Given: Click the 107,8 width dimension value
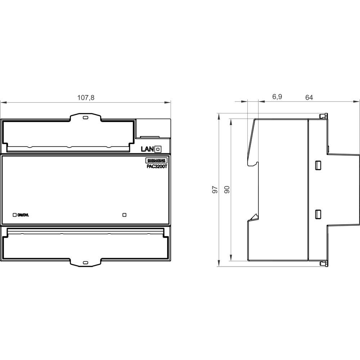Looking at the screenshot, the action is pyautogui.click(x=86, y=98).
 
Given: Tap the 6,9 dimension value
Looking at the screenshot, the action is pyautogui.click(x=277, y=97).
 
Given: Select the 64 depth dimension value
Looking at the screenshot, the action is pyautogui.click(x=309, y=98).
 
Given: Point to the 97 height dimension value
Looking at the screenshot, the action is pyautogui.click(x=215, y=190).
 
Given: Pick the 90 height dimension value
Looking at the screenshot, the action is pyautogui.click(x=227, y=190).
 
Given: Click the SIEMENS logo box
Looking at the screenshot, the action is pyautogui.click(x=157, y=161).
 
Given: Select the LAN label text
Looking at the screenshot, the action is pyautogui.click(x=147, y=149).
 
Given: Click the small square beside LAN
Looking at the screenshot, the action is pyautogui.click(x=158, y=149).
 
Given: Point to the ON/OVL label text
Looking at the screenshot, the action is pyautogui.click(x=23, y=215).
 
